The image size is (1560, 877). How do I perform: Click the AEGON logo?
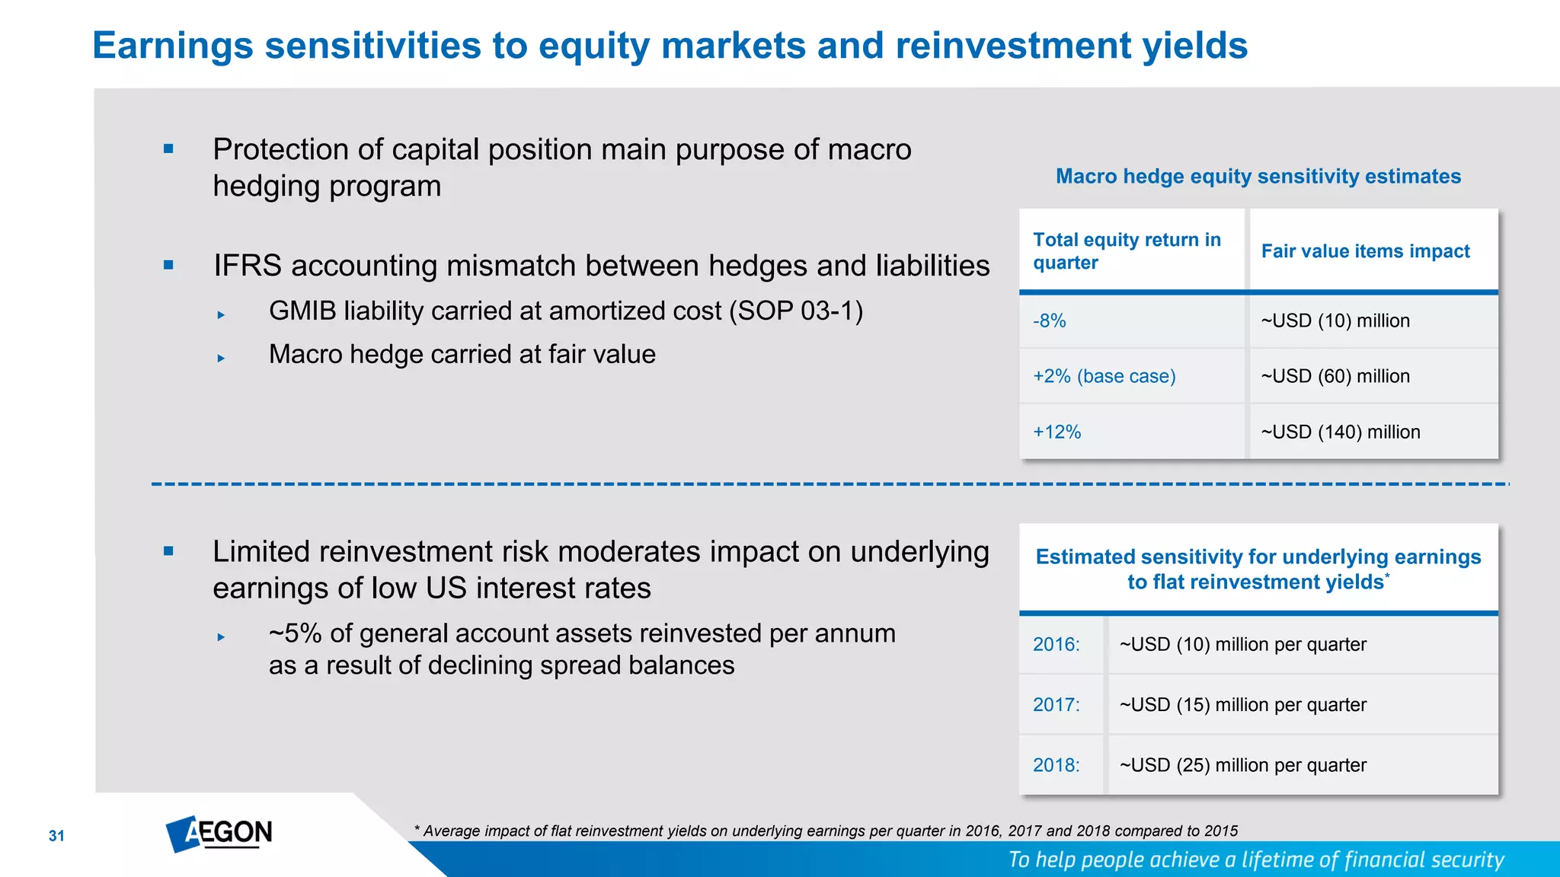pyautogui.click(x=219, y=834)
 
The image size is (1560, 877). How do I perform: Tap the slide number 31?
pyautogui.click(x=56, y=836)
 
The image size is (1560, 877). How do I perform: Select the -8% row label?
pyautogui.click(x=1049, y=321)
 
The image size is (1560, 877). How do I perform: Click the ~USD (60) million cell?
pyautogui.click(x=1335, y=376)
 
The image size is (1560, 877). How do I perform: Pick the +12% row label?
pyautogui.click(x=1057, y=432)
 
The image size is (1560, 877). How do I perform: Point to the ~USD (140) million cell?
pyautogui.click(x=1341, y=432)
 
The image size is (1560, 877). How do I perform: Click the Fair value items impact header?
pyautogui.click(x=1365, y=251)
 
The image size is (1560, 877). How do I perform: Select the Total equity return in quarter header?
pyautogui.click(x=1127, y=251)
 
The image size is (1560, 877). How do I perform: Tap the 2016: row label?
pyautogui.click(x=1056, y=644)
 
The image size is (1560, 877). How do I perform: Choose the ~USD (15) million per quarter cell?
pyautogui.click(x=1243, y=705)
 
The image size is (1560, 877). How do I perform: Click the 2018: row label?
pyautogui.click(x=1056, y=765)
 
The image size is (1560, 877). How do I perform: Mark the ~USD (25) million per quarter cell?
pyautogui.click(x=1243, y=765)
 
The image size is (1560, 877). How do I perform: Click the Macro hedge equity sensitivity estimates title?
pyautogui.click(x=1258, y=177)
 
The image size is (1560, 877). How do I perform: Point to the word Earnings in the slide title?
pyautogui.click(x=173, y=46)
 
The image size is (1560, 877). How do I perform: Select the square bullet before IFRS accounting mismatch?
pyautogui.click(x=169, y=266)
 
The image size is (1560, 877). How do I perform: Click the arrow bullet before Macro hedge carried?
pyautogui.click(x=221, y=358)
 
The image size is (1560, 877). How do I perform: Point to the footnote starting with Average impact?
pyautogui.click(x=826, y=831)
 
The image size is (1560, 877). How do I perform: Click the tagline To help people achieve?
pyautogui.click(x=1256, y=859)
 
